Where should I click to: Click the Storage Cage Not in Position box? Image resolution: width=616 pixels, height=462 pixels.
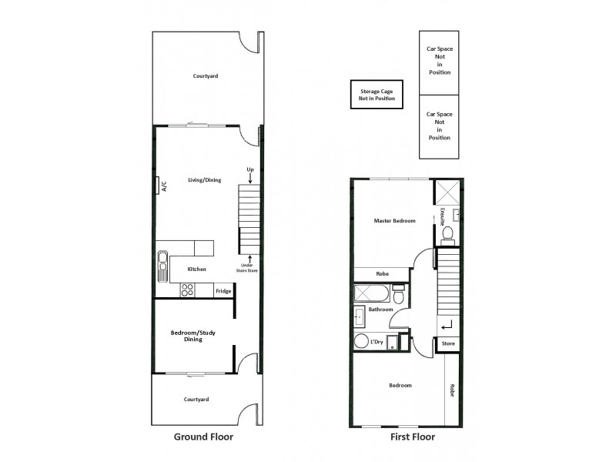(377, 95)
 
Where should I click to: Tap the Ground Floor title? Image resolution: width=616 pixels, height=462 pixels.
(204, 437)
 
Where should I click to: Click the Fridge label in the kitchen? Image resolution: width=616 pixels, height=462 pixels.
(223, 291)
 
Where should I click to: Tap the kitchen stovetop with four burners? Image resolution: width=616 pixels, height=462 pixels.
(186, 290)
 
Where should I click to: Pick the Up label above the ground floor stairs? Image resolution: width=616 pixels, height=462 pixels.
(250, 169)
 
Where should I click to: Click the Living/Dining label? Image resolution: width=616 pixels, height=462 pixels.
(204, 180)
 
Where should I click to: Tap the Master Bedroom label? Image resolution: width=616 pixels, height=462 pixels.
(394, 221)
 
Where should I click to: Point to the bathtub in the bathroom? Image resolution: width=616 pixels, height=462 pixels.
(370, 294)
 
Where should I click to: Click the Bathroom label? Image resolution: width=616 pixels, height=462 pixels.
(380, 310)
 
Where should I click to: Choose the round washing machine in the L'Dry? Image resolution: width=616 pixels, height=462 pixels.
(361, 342)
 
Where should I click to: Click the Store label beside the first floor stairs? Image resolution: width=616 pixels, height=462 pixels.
(448, 344)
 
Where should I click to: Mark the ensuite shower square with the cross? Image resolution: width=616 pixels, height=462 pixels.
(447, 192)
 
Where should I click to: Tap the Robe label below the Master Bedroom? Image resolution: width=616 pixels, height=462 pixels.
(382, 273)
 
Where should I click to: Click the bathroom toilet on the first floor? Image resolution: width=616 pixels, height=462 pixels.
(399, 295)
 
